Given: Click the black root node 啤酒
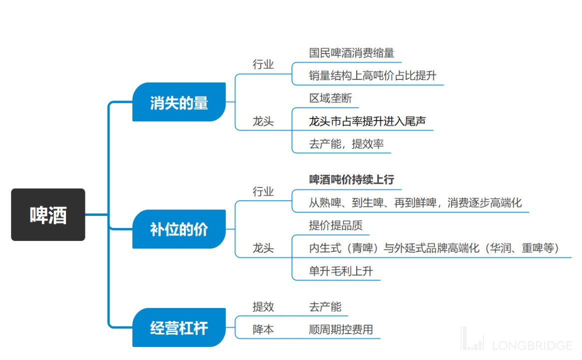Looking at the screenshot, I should [48, 214].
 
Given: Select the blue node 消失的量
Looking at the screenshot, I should [179, 102].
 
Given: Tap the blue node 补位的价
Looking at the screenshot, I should [179, 229].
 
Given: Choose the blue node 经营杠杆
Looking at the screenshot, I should [179, 328].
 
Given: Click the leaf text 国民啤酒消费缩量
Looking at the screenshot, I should [351, 52].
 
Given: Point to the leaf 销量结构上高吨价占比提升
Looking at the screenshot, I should [372, 75].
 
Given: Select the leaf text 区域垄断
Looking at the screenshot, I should [330, 98].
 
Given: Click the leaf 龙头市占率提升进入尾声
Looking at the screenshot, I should [367, 121].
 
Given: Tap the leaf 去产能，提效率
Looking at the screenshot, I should [346, 144].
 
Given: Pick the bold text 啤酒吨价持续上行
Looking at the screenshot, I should [352, 179].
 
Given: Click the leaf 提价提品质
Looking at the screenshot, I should [335, 225].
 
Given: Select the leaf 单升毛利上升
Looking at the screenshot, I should [341, 271].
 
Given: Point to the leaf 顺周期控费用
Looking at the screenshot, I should [341, 329].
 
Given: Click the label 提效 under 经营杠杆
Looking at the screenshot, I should [263, 306].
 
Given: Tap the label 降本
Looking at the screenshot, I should [263, 329].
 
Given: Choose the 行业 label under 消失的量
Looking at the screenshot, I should [263, 64].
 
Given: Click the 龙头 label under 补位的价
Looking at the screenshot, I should [263, 248].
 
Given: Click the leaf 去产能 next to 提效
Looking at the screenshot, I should [325, 306].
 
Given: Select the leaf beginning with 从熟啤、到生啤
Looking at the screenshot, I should [415, 202].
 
